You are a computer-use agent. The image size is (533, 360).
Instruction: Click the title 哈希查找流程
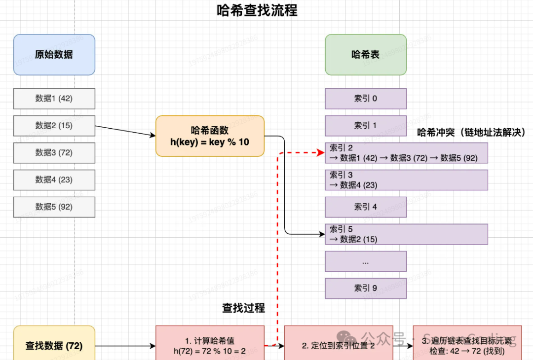257,10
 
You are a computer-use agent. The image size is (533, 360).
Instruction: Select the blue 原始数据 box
54,55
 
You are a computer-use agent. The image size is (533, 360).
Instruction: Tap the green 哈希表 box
365,55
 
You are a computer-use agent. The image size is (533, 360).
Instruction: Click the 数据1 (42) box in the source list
54,99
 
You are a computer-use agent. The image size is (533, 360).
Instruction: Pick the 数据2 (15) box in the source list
54,126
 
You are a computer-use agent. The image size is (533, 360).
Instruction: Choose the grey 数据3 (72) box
54,153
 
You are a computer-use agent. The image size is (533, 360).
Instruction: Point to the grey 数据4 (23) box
54,180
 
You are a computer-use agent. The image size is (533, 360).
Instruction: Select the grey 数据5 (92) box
54,207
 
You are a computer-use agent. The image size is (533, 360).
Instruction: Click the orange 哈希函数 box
210,136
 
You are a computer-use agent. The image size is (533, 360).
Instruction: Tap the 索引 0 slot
365,99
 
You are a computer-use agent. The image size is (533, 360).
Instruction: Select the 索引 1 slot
365,126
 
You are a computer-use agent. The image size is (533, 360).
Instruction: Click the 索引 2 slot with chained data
406,153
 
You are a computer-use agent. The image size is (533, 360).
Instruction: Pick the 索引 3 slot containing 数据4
406,180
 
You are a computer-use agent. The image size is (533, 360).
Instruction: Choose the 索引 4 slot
365,207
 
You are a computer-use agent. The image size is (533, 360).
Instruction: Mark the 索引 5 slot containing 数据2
406,234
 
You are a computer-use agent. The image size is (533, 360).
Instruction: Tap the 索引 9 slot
365,288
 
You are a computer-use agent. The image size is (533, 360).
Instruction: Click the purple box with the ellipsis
365,261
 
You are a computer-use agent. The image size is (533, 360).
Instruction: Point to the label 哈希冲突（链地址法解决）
471,132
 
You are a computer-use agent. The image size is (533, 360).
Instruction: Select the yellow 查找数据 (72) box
54,345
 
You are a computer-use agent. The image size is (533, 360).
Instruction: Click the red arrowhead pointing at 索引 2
321,153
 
